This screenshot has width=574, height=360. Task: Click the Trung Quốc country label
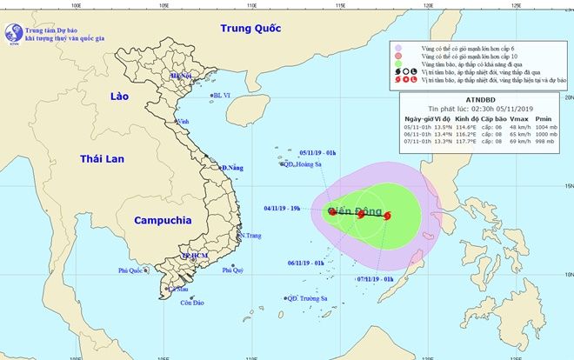coord(251,29)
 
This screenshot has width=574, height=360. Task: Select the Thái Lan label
coord(103,159)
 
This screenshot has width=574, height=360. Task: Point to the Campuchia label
coord(162,221)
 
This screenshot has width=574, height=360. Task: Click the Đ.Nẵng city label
coord(231,167)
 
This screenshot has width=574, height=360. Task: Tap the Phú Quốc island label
coord(134,271)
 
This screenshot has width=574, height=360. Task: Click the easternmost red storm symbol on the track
coord(387,216)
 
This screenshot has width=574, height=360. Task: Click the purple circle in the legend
coord(397,49)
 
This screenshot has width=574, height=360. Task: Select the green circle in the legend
coord(397,76)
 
